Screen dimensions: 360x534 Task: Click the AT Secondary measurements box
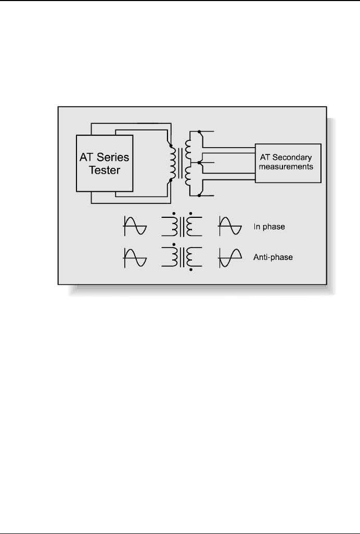coord(287,163)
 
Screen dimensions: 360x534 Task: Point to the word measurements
coord(287,167)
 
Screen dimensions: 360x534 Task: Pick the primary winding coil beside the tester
coord(170,163)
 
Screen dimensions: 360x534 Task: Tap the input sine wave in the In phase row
coord(135,227)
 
